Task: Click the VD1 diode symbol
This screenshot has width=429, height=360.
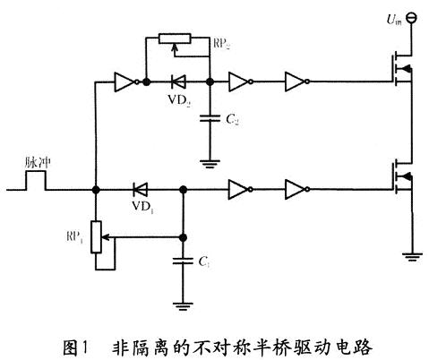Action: [139, 190]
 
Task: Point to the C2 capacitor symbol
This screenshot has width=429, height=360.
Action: [208, 116]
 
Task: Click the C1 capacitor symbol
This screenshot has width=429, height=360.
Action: [183, 261]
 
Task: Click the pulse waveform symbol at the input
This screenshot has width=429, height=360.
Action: [35, 182]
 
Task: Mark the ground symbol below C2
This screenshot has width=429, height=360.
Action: [208, 162]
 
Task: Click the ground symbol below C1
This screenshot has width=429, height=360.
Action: [183, 305]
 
